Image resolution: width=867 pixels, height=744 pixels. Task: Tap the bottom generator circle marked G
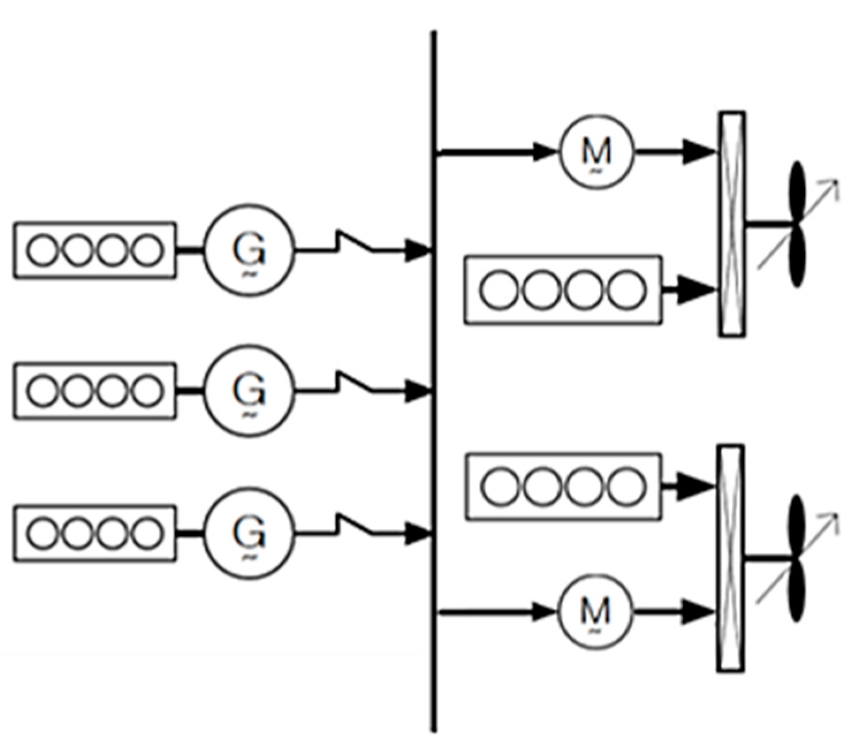coord(249,533)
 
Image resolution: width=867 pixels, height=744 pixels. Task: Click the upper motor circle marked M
coord(596,152)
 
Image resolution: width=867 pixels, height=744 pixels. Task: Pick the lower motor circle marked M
coord(595,611)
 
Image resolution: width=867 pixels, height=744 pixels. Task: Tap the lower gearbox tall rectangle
coord(731,558)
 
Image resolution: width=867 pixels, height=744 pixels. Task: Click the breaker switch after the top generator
coord(354,243)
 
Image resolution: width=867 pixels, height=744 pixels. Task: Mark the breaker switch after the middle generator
coord(354,384)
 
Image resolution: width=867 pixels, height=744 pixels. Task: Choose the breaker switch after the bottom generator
coord(354,526)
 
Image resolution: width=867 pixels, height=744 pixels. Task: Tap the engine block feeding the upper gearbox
coord(563,290)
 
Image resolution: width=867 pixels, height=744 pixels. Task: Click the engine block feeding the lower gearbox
coord(563,487)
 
